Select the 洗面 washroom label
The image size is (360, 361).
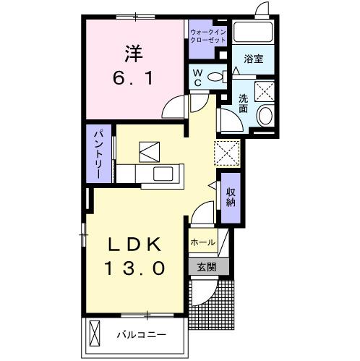(x=244, y=103)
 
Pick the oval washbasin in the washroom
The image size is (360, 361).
(x=266, y=115)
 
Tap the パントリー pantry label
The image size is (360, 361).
(x=98, y=154)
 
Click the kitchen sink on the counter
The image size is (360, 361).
(x=161, y=174)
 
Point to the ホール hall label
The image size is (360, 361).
(x=203, y=243)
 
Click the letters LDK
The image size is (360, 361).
(x=137, y=243)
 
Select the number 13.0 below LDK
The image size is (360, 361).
(x=137, y=267)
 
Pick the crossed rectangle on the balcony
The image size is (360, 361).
(x=95, y=335)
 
